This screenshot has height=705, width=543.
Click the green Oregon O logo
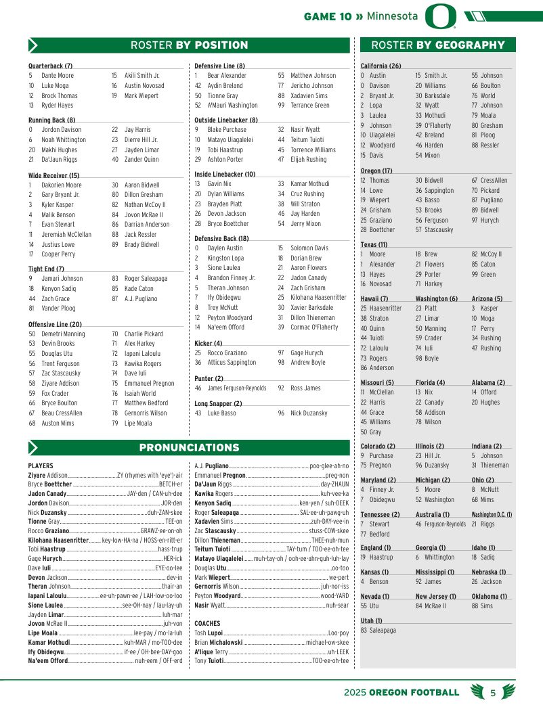440,16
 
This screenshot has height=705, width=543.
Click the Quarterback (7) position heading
50,66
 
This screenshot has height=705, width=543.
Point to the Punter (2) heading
209,378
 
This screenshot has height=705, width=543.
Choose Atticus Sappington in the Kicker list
232,363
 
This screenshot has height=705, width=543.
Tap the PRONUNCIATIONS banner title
189,448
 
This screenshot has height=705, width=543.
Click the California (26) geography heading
381,66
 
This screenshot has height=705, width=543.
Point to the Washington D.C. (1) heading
492,515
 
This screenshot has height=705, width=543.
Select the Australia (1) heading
434,515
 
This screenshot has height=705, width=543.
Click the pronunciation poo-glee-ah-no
328,466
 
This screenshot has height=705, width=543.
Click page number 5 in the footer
493,692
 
